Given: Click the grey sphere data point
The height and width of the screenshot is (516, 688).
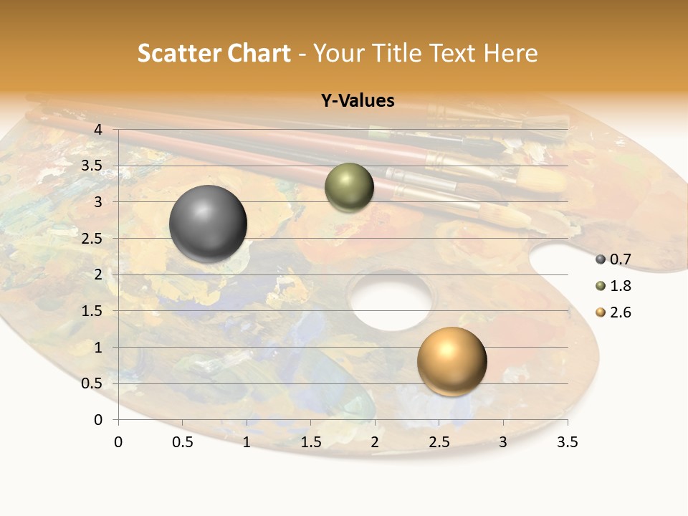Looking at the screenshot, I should coord(208,224).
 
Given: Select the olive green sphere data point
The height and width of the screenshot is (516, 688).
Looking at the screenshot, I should coord(349,187).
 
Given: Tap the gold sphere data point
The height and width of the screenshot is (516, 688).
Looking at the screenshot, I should coord(451,361).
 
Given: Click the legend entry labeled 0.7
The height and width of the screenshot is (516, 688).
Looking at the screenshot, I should coord(613,259).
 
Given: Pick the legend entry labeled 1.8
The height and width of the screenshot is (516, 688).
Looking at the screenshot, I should coord(613,286).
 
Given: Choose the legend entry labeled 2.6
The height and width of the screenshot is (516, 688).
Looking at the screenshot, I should coord(613,312).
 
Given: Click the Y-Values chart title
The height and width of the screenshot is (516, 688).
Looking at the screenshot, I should coord(357,101).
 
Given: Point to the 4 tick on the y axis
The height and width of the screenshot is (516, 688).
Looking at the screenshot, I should coord(97,129).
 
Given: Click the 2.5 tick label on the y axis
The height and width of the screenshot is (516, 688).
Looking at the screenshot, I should coord(91,238).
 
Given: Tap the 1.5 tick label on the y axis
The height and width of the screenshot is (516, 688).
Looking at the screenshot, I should coord(91,311).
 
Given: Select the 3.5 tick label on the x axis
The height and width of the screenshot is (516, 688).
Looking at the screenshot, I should coord(567,442).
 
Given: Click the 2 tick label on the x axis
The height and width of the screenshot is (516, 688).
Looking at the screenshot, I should coord(374,442).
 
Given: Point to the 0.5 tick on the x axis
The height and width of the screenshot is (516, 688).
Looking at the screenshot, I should coord(183,442).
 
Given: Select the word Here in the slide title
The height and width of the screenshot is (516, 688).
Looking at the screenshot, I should coord(510,53).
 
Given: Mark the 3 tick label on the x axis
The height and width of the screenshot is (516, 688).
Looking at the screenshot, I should coord(503,442).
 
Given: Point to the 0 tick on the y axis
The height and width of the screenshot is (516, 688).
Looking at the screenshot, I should coord(97,420).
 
